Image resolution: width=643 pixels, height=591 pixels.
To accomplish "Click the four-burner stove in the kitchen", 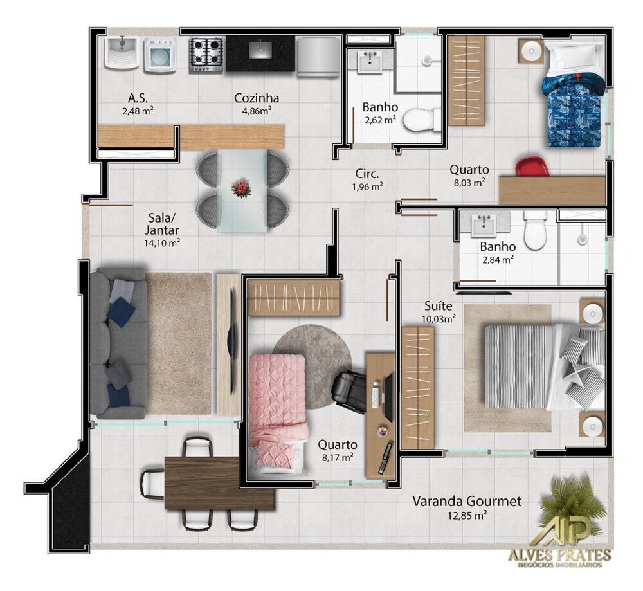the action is [206, 55].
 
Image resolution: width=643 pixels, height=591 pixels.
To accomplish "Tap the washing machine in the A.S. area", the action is [160, 55].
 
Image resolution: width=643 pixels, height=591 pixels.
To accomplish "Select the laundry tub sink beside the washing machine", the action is [122, 53].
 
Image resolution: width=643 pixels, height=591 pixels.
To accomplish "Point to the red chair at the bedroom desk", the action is [532, 166].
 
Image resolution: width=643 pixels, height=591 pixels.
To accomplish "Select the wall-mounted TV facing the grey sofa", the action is [233, 341].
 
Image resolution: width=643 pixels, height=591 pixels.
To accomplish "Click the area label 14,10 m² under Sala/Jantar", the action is [162, 243].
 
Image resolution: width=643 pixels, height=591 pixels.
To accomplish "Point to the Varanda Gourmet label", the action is [467, 501].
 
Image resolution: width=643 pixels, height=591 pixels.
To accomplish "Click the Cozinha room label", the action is [257, 98].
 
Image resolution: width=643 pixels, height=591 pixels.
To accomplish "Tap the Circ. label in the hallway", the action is [367, 173].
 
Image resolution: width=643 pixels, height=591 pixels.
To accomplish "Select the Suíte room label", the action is [439, 305].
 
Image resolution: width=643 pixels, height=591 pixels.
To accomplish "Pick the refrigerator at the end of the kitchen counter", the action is [318, 56].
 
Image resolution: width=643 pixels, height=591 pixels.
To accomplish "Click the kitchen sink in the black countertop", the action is [260, 50].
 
